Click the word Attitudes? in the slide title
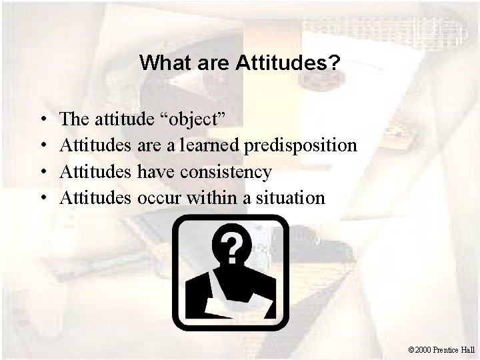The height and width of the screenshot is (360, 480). pos(287,63)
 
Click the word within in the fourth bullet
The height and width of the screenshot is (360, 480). pos(211,197)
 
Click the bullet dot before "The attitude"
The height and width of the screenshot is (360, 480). pos(42,120)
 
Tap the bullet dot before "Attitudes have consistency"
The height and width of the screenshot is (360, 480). pos(42,172)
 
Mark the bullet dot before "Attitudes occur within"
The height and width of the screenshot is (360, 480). pos(42,198)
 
